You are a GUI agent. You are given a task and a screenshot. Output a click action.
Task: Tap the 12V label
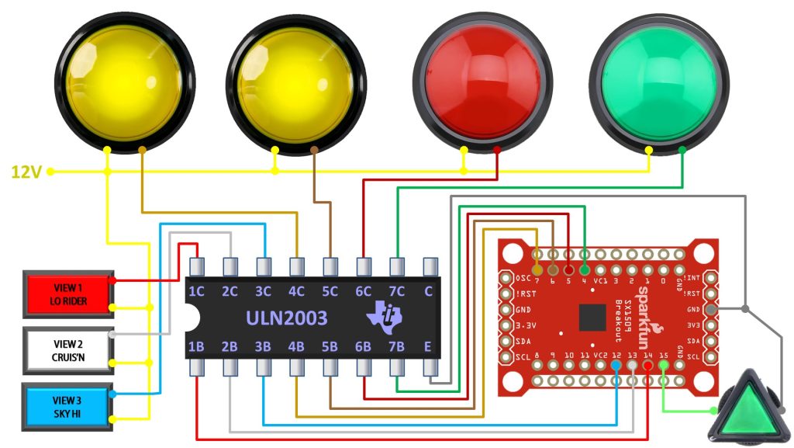[x=26, y=172]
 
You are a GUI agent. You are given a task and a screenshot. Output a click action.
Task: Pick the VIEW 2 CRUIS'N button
[x=68, y=350]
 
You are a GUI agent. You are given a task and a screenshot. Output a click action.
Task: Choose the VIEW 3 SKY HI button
[x=68, y=405]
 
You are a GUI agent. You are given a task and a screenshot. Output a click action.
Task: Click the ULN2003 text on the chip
[x=286, y=318]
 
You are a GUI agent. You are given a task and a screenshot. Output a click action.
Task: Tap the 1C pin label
[x=197, y=293]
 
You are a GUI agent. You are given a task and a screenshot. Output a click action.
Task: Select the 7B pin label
[x=397, y=346]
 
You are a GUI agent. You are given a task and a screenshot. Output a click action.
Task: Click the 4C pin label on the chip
[x=297, y=293]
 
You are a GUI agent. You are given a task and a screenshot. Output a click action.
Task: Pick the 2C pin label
[x=230, y=293]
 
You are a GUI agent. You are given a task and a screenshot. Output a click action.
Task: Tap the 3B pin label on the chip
[x=264, y=346]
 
